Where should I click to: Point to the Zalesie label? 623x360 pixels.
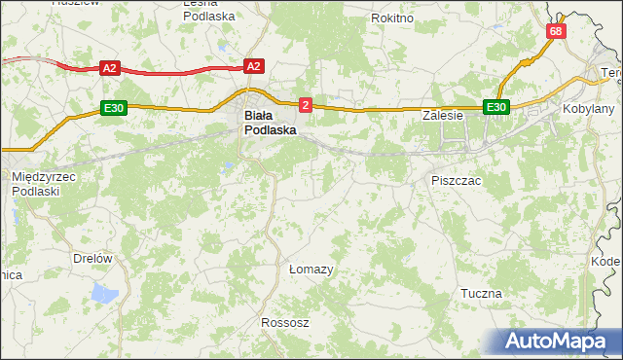coord(441,115)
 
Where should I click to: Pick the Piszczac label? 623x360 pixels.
coord(456,181)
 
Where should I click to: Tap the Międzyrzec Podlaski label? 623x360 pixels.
coord(44,183)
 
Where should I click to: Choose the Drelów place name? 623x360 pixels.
coord(93,258)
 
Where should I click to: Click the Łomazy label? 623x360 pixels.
coord(311,269)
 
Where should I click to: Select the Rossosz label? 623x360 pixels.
coord(284,322)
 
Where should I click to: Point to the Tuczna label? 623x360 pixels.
coord(481,293)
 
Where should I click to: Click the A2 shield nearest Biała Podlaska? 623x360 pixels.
coord(253,66)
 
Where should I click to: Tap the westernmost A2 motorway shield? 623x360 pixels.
coord(109,68)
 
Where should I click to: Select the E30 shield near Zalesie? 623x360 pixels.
coord(496,107)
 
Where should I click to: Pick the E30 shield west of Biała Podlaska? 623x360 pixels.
coord(113,107)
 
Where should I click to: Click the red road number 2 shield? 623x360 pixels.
coord(306,104)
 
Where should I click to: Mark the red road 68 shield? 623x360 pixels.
coord(555,31)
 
